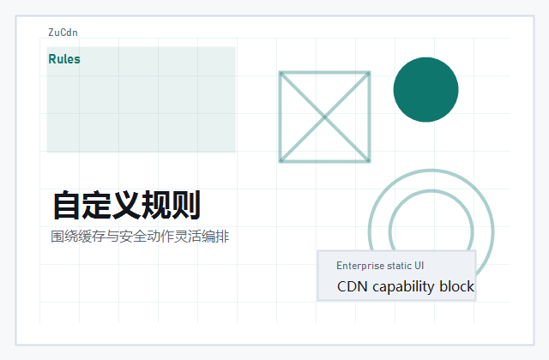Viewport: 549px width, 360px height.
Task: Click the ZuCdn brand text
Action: pos(63,33)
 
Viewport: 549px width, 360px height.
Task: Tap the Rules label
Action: pos(64,59)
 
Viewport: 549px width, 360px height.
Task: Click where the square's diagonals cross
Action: pos(325,117)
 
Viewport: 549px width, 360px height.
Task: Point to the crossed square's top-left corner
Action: pos(281,73)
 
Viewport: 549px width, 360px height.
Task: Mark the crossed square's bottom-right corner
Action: pos(370,161)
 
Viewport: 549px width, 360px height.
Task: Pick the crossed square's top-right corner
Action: pos(370,73)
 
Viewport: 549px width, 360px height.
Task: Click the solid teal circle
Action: pos(425,89)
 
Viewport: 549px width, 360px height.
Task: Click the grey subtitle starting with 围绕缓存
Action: pos(140,237)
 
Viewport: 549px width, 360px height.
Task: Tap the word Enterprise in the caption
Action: pos(359,266)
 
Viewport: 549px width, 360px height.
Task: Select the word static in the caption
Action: pos(399,266)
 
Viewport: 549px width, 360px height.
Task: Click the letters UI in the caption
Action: pos(419,266)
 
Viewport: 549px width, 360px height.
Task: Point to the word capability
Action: pos(403,286)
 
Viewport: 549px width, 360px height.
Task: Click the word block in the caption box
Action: pos(456,286)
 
